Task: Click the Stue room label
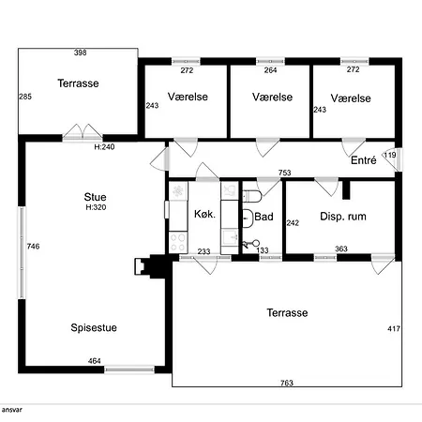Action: click(x=95, y=197)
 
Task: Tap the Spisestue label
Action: click(x=94, y=327)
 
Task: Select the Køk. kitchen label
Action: click(x=204, y=214)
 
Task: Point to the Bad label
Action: click(x=264, y=217)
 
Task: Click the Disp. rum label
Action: click(x=343, y=217)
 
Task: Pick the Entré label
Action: click(x=363, y=160)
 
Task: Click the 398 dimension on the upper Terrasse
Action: click(x=81, y=53)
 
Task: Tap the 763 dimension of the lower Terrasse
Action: click(x=287, y=383)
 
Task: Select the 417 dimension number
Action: click(x=394, y=328)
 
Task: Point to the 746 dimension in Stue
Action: click(x=33, y=247)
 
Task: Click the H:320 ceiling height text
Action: click(x=96, y=207)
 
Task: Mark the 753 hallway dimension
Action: click(x=285, y=173)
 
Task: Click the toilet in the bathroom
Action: click(x=252, y=196)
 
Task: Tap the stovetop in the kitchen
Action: click(x=178, y=242)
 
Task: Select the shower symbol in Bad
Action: click(x=251, y=244)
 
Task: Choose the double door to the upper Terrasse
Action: click(x=83, y=133)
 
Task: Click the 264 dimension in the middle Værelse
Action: click(x=270, y=70)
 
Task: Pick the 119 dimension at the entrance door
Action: click(x=390, y=155)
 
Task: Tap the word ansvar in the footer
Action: click(x=12, y=410)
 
